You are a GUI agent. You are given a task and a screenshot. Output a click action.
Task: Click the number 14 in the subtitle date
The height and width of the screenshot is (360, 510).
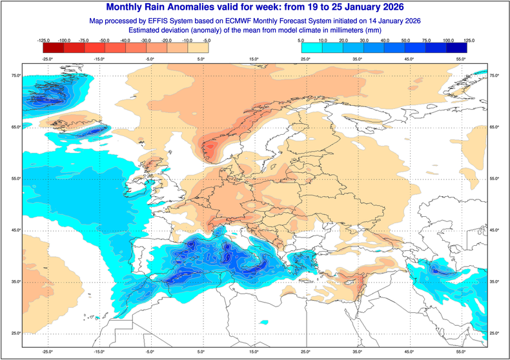click(365, 21)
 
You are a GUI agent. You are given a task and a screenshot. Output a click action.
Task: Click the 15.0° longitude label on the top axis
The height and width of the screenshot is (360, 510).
click(254, 59)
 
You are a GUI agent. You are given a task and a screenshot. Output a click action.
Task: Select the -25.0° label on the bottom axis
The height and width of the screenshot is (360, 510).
click(47, 352)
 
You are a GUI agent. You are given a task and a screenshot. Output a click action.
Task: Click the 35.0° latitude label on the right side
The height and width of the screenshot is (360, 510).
click(495, 282)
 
